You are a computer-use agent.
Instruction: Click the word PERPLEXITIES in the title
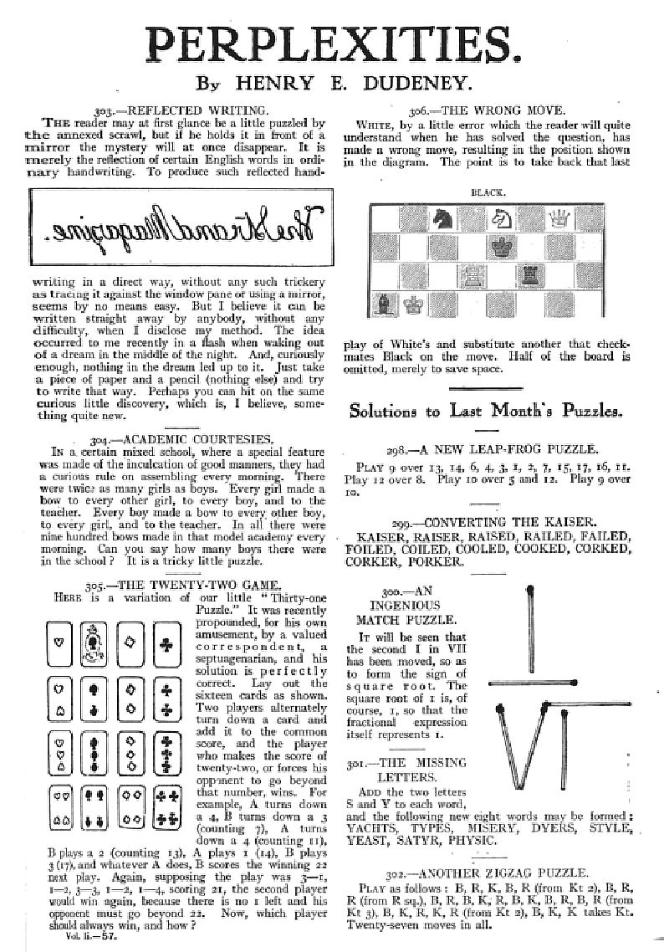coord(332,42)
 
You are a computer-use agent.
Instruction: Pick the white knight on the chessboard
coord(502,219)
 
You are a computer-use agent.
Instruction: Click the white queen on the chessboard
coord(556,219)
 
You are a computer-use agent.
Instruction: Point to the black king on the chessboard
coord(502,247)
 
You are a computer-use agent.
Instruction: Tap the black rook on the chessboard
coord(529,274)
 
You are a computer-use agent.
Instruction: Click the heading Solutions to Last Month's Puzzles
coord(486,411)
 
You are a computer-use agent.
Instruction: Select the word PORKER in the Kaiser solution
coord(437,564)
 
